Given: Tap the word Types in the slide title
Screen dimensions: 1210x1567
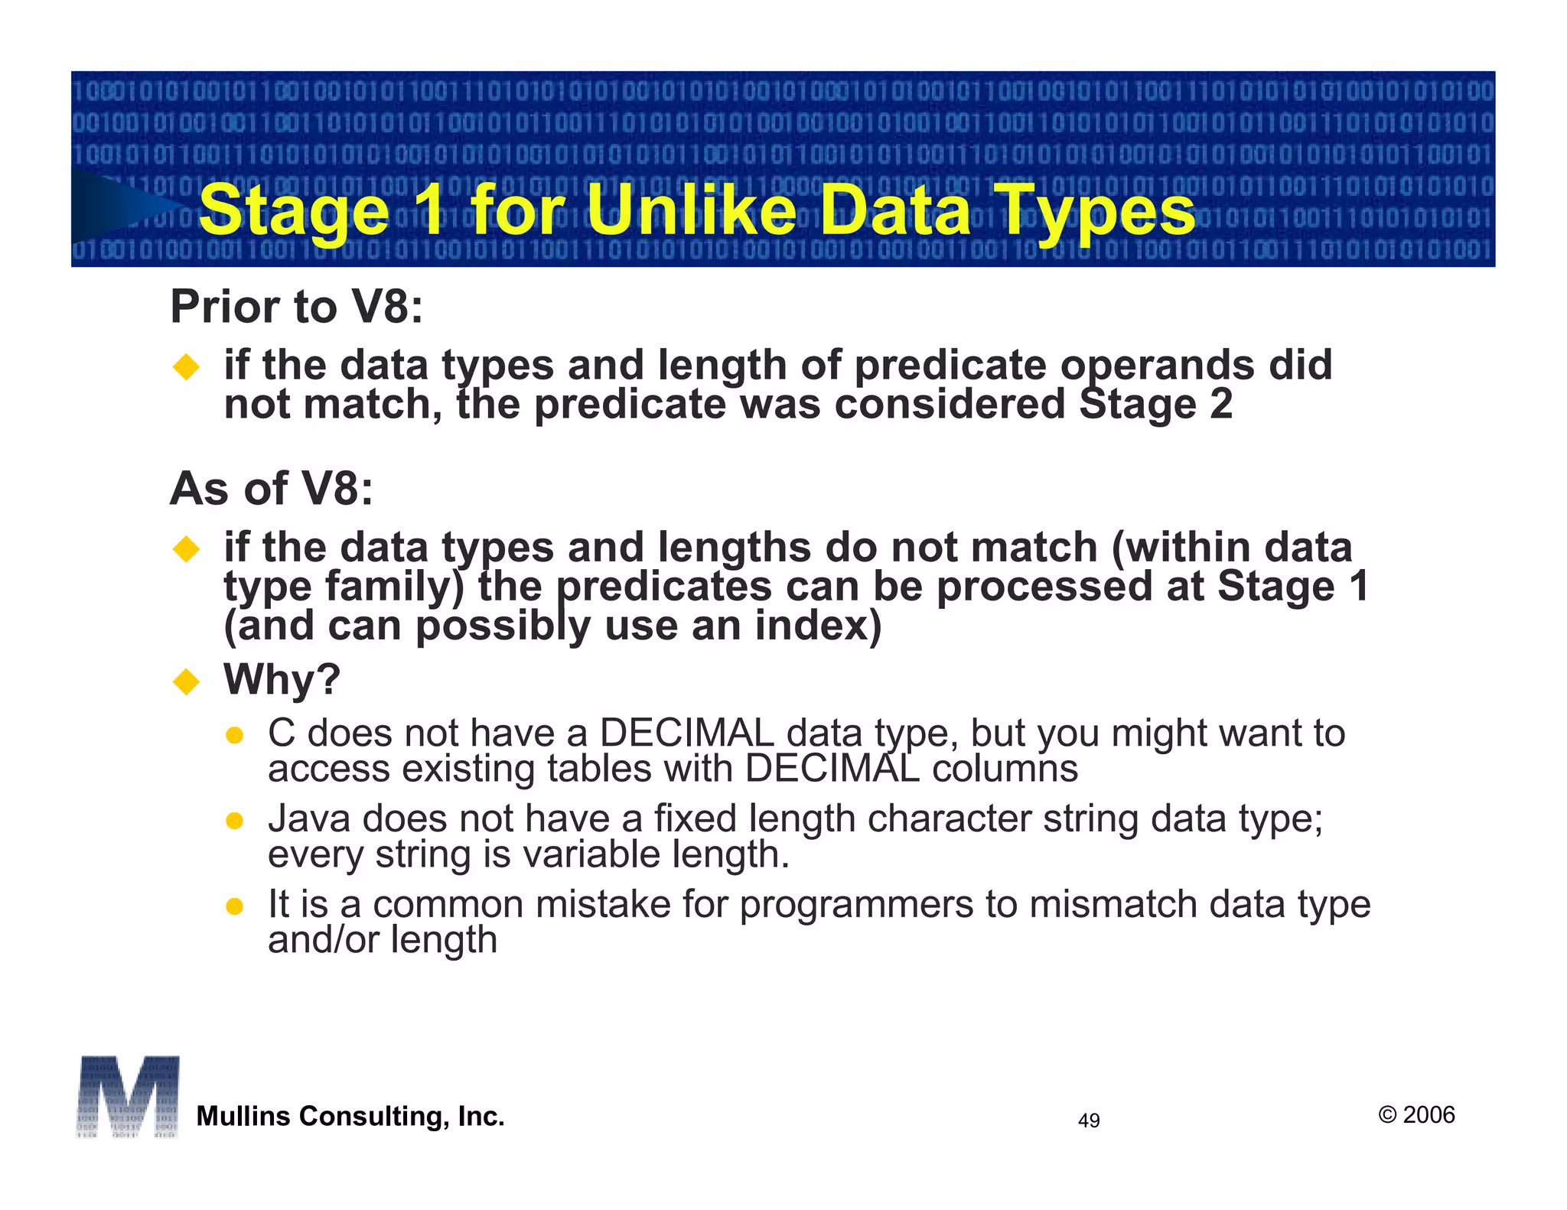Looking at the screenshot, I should (x=1096, y=211).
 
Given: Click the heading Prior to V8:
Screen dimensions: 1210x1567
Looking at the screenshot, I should (x=296, y=307).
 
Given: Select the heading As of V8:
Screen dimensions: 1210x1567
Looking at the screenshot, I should (x=272, y=489).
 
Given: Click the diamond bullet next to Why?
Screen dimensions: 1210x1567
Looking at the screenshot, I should (x=186, y=680).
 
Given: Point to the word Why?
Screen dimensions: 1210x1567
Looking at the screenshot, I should (x=282, y=679).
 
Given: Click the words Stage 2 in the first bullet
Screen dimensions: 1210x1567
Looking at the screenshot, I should (x=1155, y=404).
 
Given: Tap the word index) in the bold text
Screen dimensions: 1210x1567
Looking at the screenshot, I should (x=818, y=626).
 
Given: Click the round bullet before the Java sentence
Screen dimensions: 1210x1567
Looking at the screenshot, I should (x=235, y=821).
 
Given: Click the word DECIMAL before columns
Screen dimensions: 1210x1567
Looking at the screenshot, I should (x=832, y=769).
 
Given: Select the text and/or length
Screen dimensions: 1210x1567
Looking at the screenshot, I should (x=383, y=939).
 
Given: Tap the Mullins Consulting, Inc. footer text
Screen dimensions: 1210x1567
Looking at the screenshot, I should (x=350, y=1116).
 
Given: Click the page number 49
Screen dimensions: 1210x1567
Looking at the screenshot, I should (x=1088, y=1121).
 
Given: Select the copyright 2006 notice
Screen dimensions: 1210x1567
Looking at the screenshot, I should (x=1416, y=1114).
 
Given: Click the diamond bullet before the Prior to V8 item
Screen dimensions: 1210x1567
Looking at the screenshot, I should (x=186, y=366).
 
